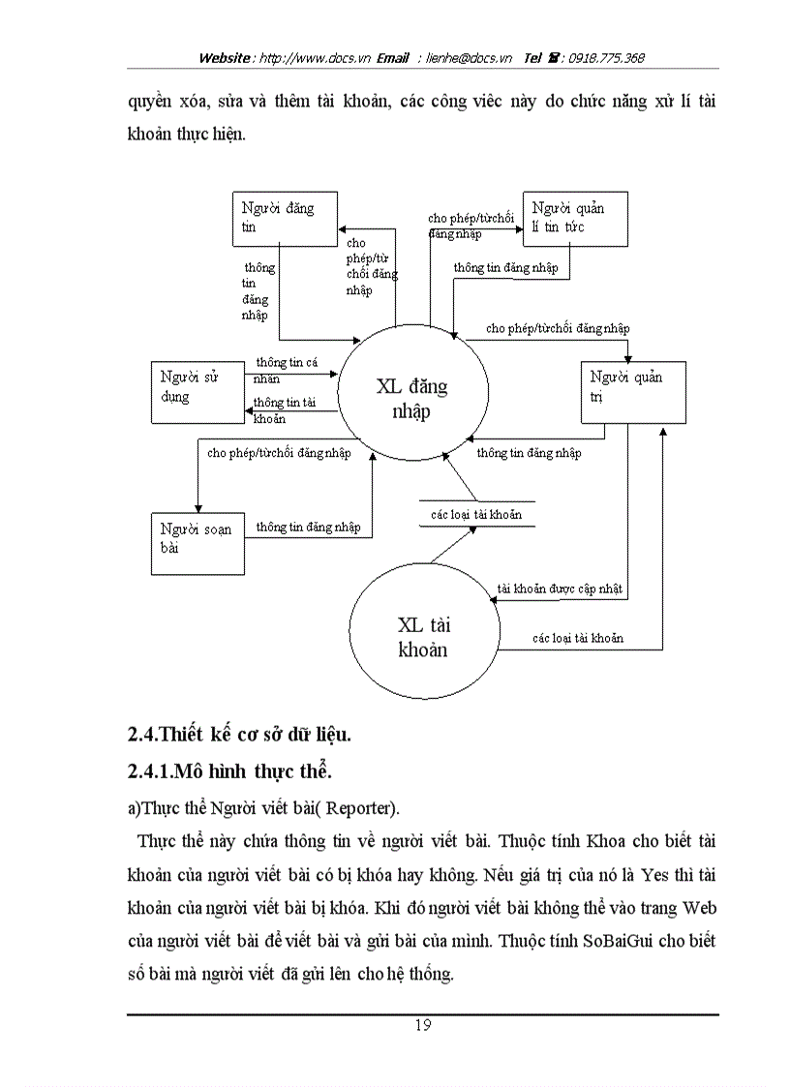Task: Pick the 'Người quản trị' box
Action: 633,391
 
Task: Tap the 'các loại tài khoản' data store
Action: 476,514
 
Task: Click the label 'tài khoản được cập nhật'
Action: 560,588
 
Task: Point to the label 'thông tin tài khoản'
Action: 285,409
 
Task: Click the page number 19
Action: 423,1026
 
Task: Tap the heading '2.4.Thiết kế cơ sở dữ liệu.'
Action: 239,734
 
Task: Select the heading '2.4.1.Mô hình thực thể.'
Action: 230,771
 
